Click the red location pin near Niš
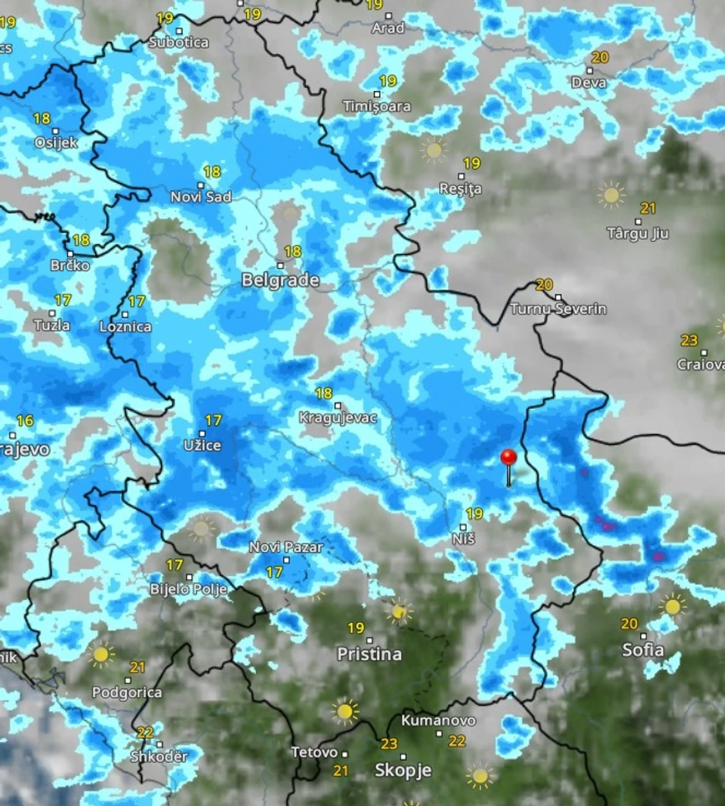[x=508, y=459]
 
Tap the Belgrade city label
[x=280, y=280]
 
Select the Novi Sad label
[x=201, y=197]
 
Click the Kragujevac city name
[x=338, y=418]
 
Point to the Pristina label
[x=369, y=654]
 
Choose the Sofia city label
[x=642, y=650]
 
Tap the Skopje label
[x=403, y=770]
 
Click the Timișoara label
[x=377, y=106]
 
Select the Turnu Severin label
[x=558, y=309]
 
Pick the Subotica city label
[x=178, y=42]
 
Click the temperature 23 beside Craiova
[x=689, y=340]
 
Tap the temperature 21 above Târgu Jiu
[x=648, y=208]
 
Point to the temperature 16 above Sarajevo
[x=25, y=421]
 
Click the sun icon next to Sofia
[x=673, y=607]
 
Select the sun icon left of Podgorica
[x=100, y=655]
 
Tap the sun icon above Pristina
[x=399, y=611]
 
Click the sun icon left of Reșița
[x=434, y=150]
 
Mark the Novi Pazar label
[x=286, y=547]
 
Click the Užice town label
[x=203, y=445]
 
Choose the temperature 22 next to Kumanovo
[x=457, y=741]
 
